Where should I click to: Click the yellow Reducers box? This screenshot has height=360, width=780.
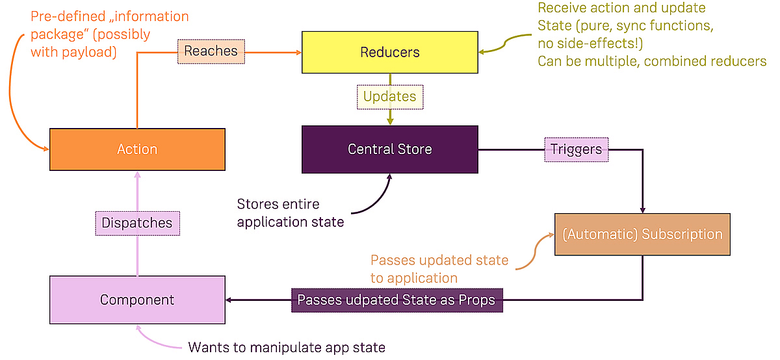pos(389,53)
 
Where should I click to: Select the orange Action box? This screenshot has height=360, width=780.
pos(137,149)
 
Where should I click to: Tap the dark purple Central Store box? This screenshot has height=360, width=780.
pos(389,149)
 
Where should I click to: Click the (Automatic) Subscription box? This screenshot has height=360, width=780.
pos(642,234)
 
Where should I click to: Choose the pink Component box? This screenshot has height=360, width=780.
pos(137,300)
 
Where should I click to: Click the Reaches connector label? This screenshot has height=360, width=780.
pos(211,51)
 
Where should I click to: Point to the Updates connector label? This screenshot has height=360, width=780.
pos(389,97)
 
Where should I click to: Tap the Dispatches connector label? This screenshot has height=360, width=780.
pos(137,223)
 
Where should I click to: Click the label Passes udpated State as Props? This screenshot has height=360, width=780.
pos(396,300)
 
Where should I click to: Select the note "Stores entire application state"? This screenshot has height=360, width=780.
pos(290,212)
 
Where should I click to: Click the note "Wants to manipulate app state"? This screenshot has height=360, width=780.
pos(287,348)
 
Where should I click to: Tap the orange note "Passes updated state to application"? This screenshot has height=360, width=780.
pos(439,269)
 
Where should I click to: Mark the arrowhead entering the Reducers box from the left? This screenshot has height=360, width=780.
pos(298,53)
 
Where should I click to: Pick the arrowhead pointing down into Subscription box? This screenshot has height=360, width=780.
pos(642,210)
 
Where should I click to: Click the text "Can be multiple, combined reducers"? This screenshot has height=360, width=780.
pos(652,61)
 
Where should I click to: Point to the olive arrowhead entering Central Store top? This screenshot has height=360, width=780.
pos(389,122)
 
